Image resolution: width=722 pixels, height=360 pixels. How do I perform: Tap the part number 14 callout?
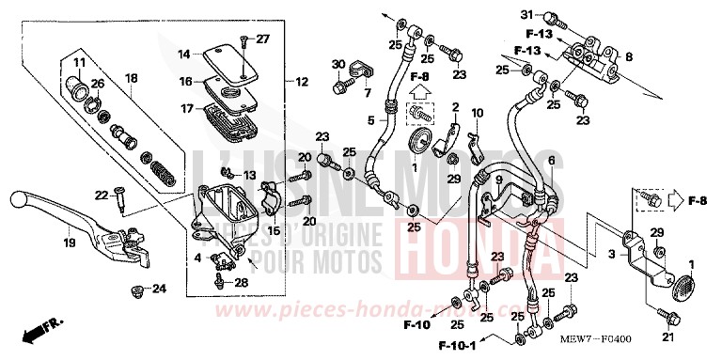[185, 54]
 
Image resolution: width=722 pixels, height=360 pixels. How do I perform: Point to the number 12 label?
[302, 82]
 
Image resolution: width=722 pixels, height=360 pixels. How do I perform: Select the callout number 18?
[132, 78]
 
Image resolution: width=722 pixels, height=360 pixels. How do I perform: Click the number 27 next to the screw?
[262, 39]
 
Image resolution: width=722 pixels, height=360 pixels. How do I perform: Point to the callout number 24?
[159, 289]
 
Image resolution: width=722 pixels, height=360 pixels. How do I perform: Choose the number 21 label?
[668, 337]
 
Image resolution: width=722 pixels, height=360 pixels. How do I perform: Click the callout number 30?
[337, 63]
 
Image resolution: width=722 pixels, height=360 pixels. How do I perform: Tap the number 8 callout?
[629, 55]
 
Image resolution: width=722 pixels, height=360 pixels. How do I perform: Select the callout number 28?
[242, 282]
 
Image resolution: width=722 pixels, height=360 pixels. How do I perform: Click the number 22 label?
[101, 195]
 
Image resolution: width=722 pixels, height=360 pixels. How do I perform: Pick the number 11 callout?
[79, 63]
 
